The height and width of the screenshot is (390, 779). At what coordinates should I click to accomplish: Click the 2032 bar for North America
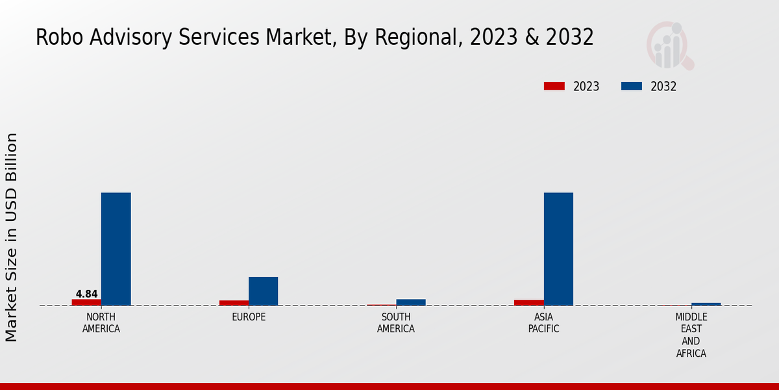(116, 249)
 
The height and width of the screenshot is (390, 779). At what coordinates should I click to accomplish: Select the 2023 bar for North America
(86, 302)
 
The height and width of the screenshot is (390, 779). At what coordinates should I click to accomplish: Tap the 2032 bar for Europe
(263, 291)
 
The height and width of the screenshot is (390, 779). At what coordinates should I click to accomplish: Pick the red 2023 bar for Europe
(234, 303)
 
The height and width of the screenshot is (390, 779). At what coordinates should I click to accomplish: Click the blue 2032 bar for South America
(411, 302)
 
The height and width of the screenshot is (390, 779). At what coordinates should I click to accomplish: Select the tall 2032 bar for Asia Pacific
(558, 249)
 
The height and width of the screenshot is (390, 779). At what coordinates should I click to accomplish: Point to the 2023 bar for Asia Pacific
(529, 302)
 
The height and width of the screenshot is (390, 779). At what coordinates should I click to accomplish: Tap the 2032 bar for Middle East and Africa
(706, 304)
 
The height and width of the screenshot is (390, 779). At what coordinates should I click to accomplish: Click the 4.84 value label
(86, 294)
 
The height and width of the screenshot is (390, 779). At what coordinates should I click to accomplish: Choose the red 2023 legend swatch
(554, 86)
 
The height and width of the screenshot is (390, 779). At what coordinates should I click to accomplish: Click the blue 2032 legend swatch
(632, 86)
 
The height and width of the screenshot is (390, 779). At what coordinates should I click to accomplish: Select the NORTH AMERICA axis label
(101, 323)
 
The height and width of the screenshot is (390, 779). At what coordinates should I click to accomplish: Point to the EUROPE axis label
(249, 317)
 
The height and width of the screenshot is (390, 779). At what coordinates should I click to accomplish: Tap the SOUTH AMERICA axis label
(396, 323)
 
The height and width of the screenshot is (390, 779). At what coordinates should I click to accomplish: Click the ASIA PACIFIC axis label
(544, 323)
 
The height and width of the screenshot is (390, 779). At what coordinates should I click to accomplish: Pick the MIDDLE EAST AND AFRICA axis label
(691, 335)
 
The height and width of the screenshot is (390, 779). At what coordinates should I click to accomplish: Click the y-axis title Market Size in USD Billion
(12, 237)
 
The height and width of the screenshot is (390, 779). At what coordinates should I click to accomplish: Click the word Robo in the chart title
(56, 38)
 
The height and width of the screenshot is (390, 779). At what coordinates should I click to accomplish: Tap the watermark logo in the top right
(670, 45)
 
